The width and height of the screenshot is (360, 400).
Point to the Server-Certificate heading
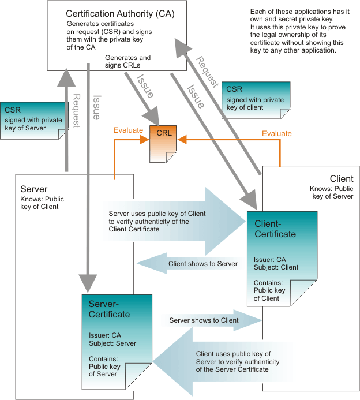coord(110,309)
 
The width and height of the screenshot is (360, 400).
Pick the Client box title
coord(341,179)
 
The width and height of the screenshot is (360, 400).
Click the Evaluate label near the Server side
coord(127,130)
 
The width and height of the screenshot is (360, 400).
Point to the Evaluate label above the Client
coord(276,133)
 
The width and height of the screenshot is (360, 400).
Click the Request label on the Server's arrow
coord(75,112)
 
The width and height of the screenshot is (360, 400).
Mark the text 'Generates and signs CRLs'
coord(127,62)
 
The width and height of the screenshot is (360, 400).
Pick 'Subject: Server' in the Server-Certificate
coord(112,343)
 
